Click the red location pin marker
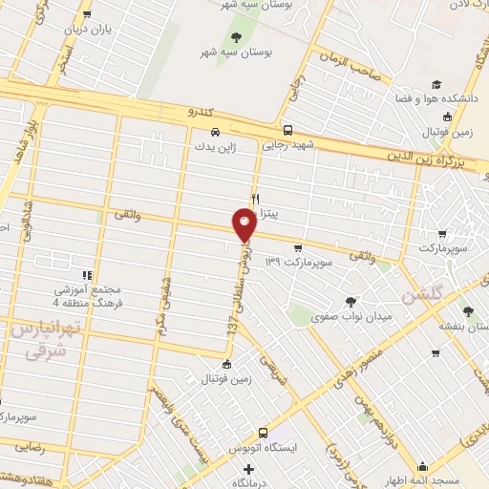(244, 225)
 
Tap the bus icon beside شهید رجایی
(287, 131)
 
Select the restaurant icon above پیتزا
(255, 199)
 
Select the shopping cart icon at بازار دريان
(88, 14)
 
